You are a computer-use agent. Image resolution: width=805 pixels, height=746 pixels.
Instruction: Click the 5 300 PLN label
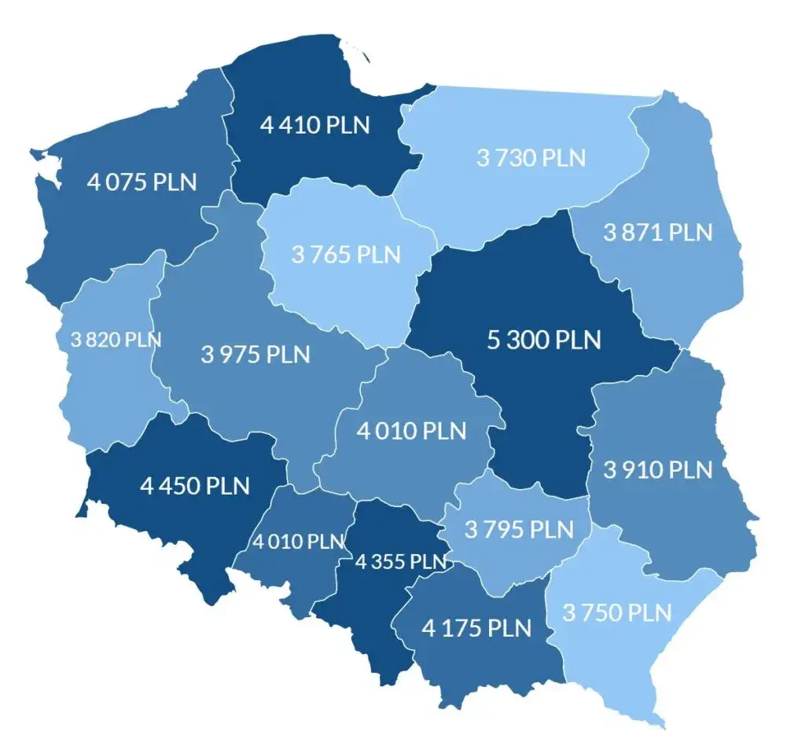pyautogui.click(x=544, y=340)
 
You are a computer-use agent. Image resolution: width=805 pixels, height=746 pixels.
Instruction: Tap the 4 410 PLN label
pyautogui.click(x=314, y=125)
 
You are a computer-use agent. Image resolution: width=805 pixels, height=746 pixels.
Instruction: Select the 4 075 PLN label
pyautogui.click(x=142, y=182)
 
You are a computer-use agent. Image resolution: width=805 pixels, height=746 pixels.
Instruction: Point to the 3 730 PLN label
pyautogui.click(x=531, y=157)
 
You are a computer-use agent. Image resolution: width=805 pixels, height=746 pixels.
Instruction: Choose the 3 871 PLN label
pyautogui.click(x=658, y=233)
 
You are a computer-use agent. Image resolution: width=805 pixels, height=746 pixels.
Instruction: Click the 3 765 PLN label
pyautogui.click(x=346, y=255)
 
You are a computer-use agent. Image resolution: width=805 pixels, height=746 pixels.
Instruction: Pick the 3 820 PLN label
pyautogui.click(x=116, y=340)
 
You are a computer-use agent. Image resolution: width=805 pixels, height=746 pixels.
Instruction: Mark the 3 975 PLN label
pyautogui.click(x=255, y=355)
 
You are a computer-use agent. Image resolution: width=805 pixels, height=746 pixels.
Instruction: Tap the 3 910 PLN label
pyautogui.click(x=658, y=470)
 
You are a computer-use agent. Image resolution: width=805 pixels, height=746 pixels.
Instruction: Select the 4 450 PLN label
pyautogui.click(x=195, y=485)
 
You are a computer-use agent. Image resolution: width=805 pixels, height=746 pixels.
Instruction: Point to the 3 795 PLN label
pyautogui.click(x=519, y=529)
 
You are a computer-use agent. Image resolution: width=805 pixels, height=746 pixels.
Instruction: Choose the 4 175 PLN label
pyautogui.click(x=476, y=628)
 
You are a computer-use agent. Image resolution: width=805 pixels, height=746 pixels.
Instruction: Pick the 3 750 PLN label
pyautogui.click(x=617, y=612)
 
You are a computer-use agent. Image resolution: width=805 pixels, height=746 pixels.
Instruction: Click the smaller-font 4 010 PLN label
pyautogui.click(x=299, y=542)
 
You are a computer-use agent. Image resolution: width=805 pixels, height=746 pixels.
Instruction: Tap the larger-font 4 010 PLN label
pyautogui.click(x=411, y=431)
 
